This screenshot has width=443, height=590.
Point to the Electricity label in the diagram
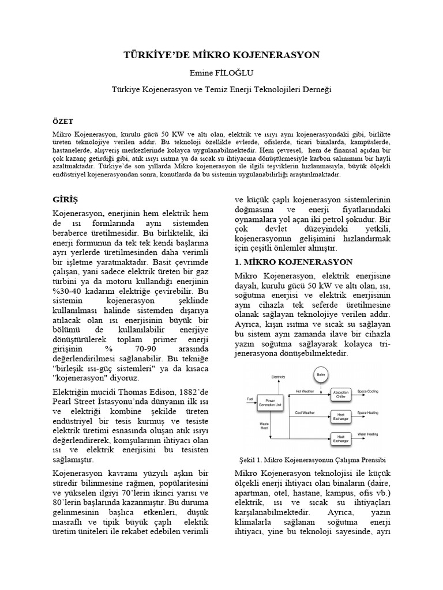279,377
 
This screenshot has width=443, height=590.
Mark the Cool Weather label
305,413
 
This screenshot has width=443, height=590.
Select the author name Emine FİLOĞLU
221,73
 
